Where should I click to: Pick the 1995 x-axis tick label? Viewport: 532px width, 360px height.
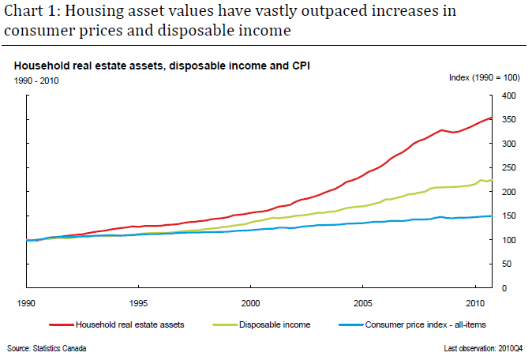pos(138,303)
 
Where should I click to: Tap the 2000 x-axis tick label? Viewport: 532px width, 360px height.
pos(251,303)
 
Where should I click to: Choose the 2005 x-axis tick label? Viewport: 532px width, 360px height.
pos(363,303)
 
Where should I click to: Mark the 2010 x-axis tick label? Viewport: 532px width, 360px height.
pos(475,303)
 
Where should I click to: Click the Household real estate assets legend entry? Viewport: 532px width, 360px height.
pos(127,324)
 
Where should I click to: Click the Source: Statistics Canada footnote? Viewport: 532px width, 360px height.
pos(47,348)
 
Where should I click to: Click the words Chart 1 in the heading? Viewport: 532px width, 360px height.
pos(28,12)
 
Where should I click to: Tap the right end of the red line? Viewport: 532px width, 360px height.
pos(490,118)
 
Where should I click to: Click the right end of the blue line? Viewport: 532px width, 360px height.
pos(490,216)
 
